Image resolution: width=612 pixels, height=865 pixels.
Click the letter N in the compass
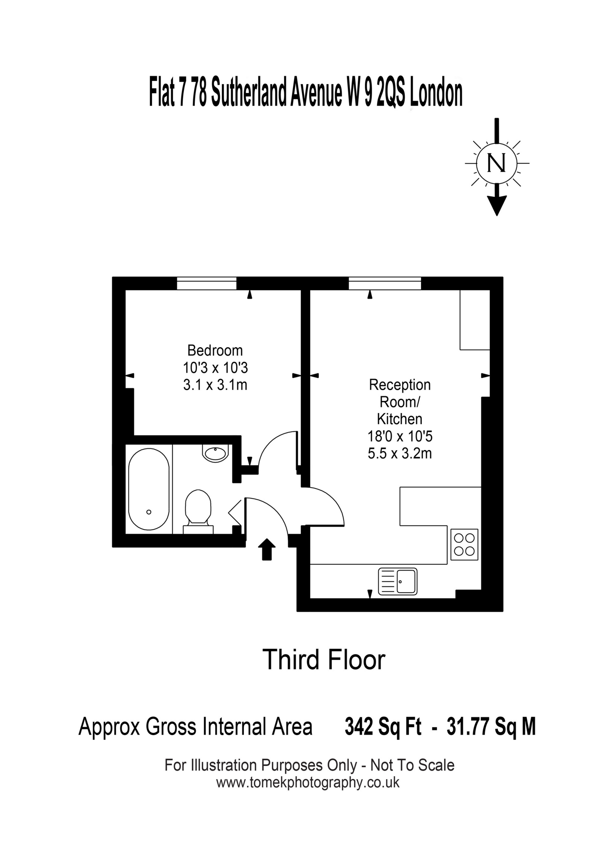[x=497, y=163]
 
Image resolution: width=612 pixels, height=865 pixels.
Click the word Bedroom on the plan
[x=215, y=350]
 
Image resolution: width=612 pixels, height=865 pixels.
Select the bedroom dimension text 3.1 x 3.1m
[x=215, y=385]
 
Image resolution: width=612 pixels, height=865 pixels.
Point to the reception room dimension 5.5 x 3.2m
[x=400, y=453]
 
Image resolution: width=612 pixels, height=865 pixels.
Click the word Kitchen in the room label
[x=400, y=419]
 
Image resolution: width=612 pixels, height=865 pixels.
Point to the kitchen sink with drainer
[x=397, y=581]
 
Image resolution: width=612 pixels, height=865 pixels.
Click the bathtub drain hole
[x=149, y=512]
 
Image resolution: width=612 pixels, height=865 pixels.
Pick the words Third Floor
[x=324, y=660]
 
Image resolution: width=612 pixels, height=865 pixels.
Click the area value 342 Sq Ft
[x=383, y=727]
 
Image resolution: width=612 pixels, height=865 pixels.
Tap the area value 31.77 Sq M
[x=491, y=727]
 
